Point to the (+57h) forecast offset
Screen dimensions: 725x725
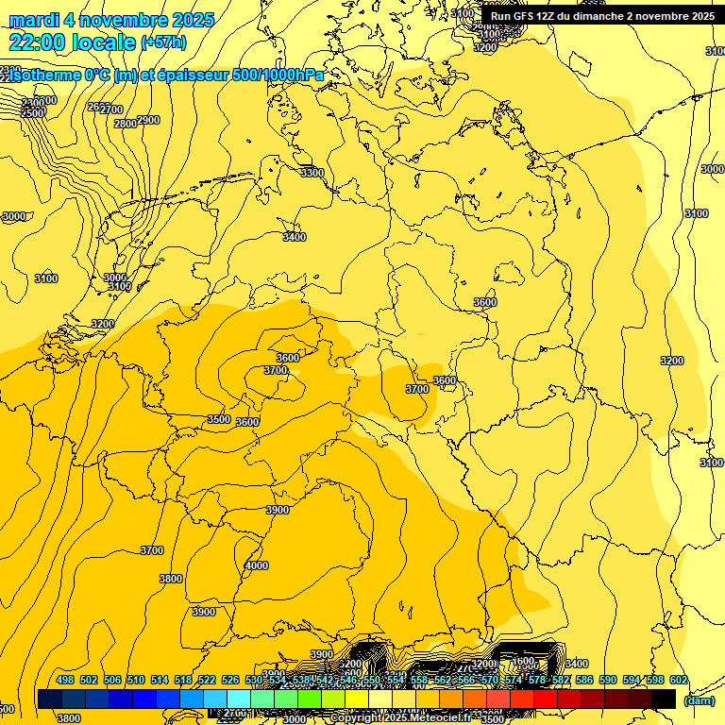(164, 42)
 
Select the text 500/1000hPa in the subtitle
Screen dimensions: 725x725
(284, 76)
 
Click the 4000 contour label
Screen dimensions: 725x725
(256, 565)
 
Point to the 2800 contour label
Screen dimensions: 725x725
(125, 124)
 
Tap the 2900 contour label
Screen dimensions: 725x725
(148, 120)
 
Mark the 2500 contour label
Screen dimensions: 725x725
(33, 112)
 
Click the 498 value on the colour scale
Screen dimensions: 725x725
(65, 680)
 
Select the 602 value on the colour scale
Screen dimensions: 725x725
(679, 680)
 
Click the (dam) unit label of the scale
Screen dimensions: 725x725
(700, 700)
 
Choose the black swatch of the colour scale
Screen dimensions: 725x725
(664, 699)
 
